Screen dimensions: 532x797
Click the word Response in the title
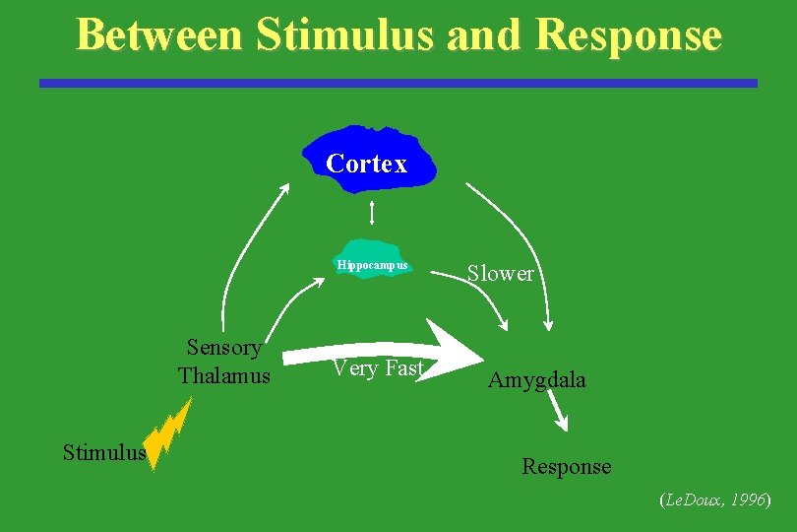click(x=631, y=35)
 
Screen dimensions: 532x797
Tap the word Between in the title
click(x=158, y=34)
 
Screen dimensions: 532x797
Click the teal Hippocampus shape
click(x=372, y=259)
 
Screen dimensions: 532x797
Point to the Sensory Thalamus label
click(x=224, y=362)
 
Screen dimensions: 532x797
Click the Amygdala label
click(x=536, y=380)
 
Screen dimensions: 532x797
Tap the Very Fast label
click(x=378, y=368)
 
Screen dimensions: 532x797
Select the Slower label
click(x=501, y=274)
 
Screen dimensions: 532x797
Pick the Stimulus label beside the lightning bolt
click(x=103, y=453)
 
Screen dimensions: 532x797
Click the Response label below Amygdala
click(x=566, y=466)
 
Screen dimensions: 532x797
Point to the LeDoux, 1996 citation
click(x=714, y=500)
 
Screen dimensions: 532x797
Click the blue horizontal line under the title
click(x=398, y=84)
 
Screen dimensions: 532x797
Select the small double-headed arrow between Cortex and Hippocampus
click(x=372, y=213)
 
